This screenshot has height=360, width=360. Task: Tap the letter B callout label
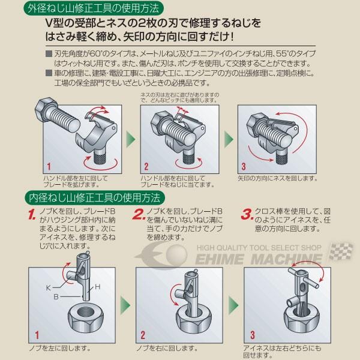pos(56,296)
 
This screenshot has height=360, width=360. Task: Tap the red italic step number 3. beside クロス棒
pos(247,214)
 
